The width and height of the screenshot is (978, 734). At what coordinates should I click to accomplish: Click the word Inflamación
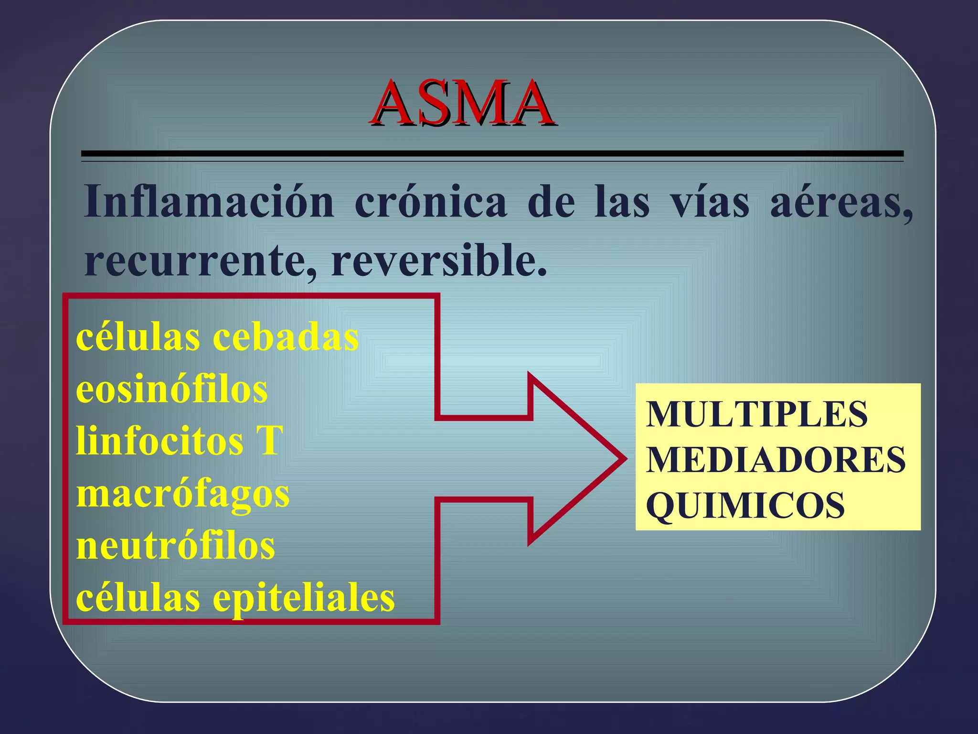209,202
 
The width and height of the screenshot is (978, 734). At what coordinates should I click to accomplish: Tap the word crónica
430,202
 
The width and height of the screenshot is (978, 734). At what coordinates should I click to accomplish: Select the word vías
710,202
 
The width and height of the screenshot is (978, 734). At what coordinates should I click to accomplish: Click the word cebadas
285,337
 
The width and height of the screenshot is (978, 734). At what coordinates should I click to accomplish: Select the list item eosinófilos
171,389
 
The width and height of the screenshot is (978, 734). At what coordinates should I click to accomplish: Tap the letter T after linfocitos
269,441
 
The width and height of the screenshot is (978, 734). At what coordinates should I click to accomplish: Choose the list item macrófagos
183,494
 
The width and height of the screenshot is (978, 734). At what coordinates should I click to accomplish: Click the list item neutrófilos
175,546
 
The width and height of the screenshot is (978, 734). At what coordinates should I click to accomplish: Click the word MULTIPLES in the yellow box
756,414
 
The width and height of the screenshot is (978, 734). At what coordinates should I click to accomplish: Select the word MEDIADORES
776,460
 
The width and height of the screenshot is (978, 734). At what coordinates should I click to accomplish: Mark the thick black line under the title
492,154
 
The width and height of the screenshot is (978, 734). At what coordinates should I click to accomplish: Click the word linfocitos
159,441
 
